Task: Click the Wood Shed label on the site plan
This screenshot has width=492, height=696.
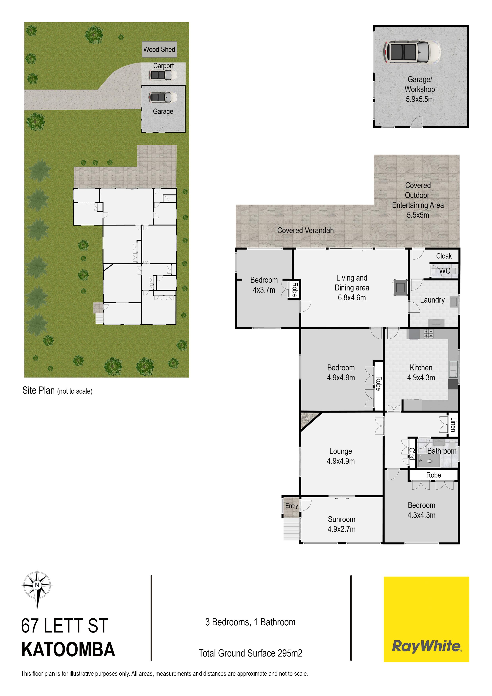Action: [x=159, y=49]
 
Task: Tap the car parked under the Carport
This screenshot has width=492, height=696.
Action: [x=163, y=75]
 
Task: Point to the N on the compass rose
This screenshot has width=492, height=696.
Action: [x=37, y=585]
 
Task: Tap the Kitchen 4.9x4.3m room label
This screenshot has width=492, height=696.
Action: [x=421, y=373]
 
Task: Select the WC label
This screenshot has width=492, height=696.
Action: [x=445, y=271]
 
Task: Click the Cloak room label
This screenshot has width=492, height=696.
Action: [x=444, y=256]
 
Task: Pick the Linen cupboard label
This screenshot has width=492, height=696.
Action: [x=453, y=424]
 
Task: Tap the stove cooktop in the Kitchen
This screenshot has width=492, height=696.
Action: [x=428, y=334]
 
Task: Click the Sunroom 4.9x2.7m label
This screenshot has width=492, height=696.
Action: [x=342, y=524]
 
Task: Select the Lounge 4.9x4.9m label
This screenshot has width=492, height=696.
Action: [x=341, y=456]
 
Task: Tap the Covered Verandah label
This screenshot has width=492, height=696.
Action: [x=305, y=230]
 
